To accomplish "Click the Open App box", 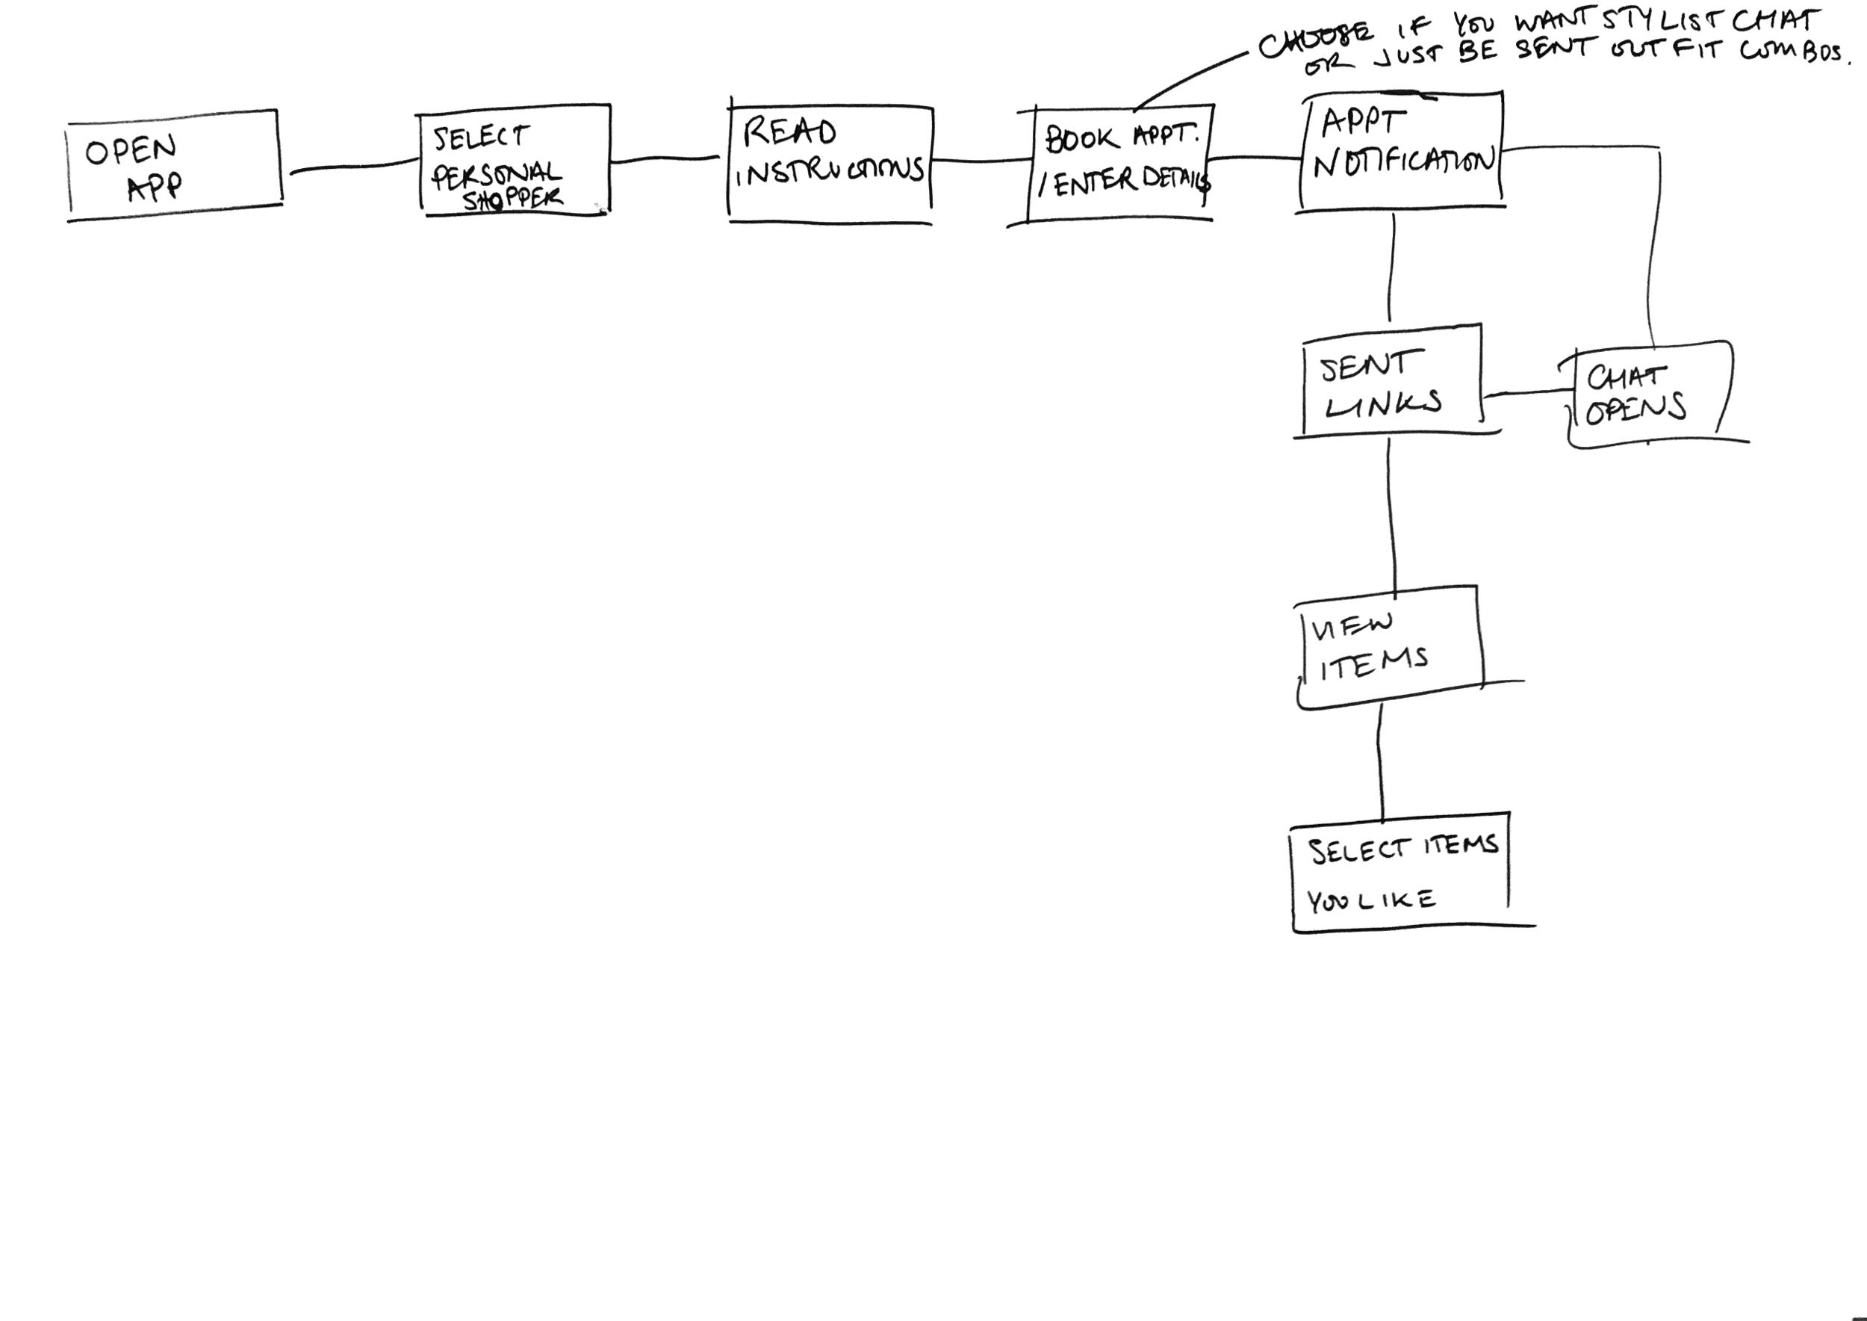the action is (174, 166).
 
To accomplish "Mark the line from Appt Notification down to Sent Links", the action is (1391, 268).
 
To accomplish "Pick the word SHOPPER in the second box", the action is (512, 199).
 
